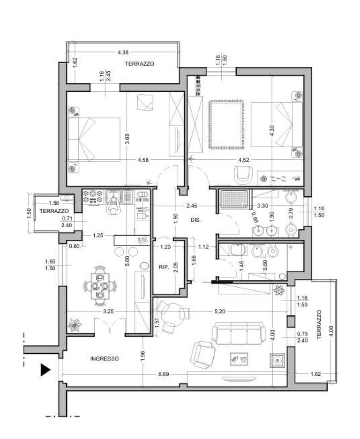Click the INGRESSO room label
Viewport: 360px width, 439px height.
104,358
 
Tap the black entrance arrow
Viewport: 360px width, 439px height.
45,370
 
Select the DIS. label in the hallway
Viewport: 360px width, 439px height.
195,220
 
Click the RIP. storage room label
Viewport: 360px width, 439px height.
164,267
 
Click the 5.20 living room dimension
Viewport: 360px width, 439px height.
220,311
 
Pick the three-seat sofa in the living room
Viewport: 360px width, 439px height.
238,334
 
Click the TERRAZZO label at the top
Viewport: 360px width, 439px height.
139,64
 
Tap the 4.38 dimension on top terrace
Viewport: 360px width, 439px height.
123,52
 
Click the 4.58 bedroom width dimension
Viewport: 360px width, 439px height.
143,160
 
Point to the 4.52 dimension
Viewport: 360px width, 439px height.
243,160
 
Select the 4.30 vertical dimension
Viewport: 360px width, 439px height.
271,130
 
